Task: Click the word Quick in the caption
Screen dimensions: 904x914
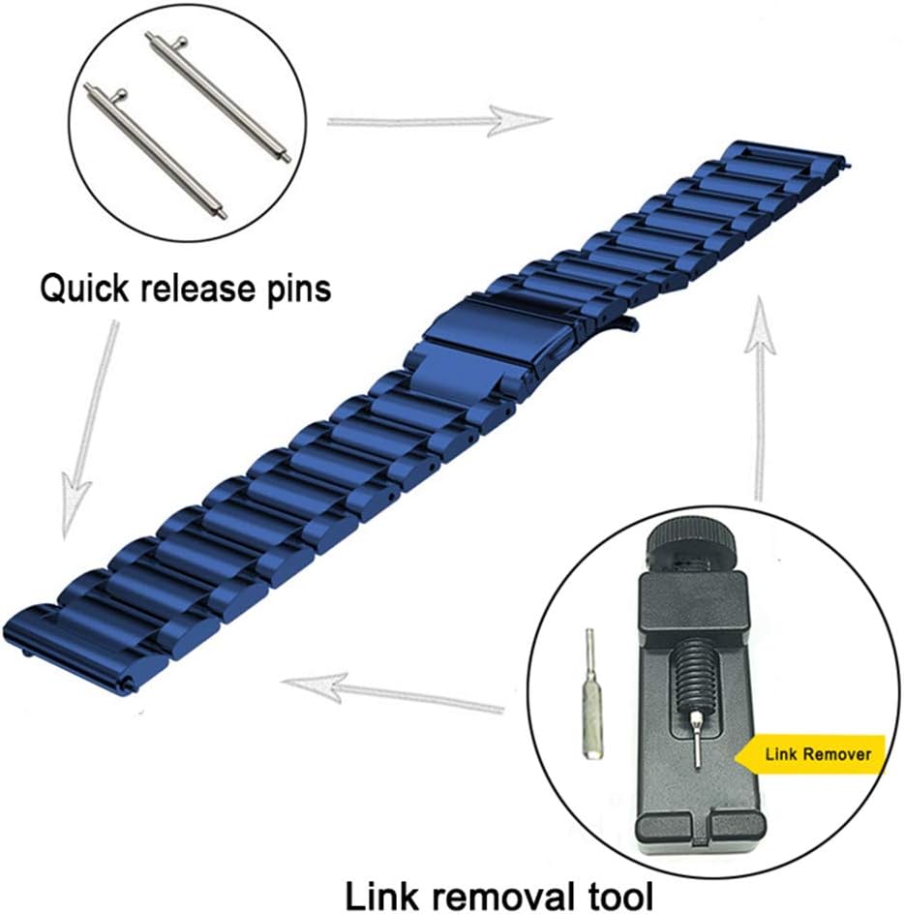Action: [83, 289]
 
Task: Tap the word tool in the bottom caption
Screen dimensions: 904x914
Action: [618, 895]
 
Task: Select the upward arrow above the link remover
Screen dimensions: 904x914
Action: [760, 399]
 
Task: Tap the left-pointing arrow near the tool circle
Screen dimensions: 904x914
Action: [392, 693]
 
